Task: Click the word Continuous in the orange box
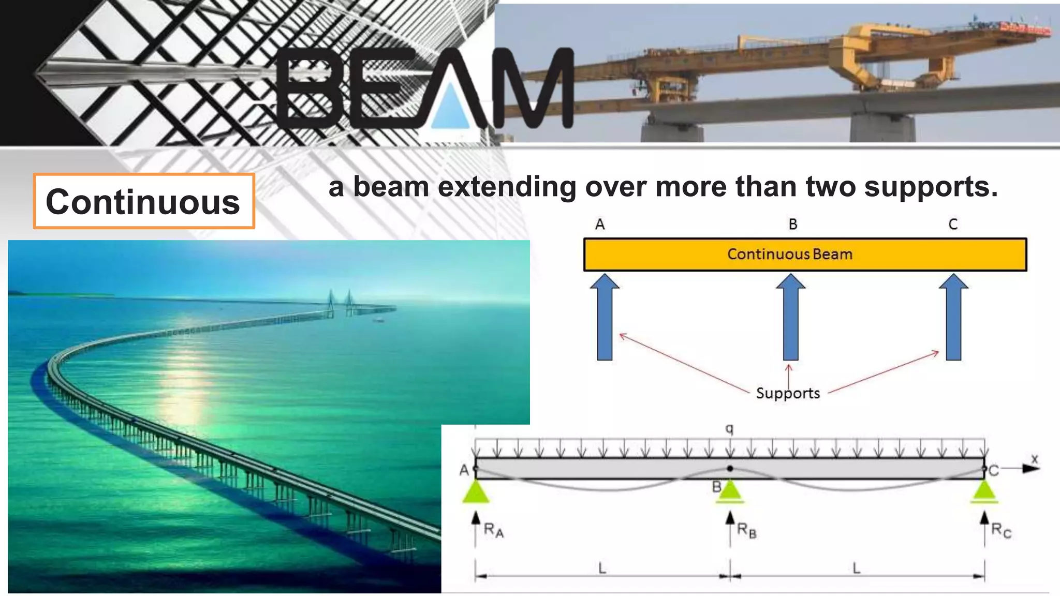point(143,202)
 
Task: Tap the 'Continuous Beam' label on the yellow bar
point(789,254)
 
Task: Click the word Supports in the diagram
point(788,393)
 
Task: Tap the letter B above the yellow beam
point(793,225)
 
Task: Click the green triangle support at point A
point(476,491)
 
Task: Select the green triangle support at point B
point(730,491)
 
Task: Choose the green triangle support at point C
point(984,491)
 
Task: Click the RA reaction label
point(493,530)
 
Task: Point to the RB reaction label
point(746,530)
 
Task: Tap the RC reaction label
point(1000,531)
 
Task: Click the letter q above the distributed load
point(729,428)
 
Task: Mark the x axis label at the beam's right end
point(1034,459)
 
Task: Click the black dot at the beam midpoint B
point(730,468)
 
